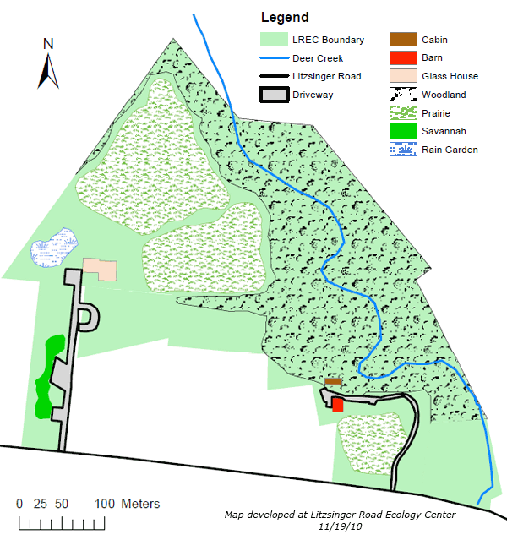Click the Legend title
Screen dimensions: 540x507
[285, 18]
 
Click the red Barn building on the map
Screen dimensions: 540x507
[338, 405]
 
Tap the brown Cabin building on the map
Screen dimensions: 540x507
[333, 382]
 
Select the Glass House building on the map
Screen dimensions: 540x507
[100, 270]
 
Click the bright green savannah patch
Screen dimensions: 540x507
[49, 376]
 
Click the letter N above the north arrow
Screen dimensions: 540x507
[48, 45]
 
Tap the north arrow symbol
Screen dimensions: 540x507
[48, 71]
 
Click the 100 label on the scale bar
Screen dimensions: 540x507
[105, 504]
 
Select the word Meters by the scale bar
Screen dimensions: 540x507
[140, 504]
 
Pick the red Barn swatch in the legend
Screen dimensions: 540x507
[402, 57]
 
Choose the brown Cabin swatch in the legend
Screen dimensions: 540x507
[402, 40]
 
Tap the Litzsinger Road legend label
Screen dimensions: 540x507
[327, 76]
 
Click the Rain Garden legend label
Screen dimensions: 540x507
[450, 150]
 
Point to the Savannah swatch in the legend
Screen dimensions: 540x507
[402, 131]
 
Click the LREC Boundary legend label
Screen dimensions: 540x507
[329, 40]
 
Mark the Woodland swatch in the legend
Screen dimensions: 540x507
[402, 95]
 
